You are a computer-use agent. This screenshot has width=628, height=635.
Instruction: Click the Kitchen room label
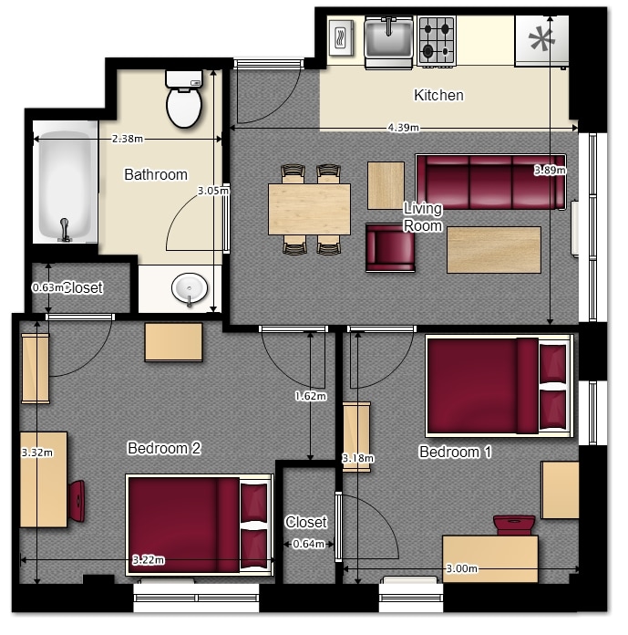pos(438,95)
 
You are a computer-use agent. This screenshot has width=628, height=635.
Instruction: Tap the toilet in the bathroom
pos(184,99)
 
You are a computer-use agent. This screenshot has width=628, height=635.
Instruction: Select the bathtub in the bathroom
pos(65,182)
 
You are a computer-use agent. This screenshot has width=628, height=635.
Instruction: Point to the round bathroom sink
pos(190,288)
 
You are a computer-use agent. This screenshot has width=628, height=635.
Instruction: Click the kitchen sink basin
pos(388,41)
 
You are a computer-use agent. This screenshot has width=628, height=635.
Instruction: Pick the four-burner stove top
pos(437,40)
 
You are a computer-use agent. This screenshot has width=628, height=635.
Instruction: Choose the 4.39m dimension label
pos(404,128)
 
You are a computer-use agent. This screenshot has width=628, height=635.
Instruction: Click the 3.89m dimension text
pos(550,170)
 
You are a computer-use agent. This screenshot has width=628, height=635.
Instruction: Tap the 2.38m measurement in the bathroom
pos(128,139)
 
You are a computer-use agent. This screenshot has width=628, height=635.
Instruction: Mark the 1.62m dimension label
pos(311,396)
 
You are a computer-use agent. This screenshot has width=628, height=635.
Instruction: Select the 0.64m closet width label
pos(308,544)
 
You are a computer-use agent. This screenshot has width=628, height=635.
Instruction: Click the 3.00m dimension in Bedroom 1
pos(462,568)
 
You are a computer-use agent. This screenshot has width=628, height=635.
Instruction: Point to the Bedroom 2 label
pos(164,448)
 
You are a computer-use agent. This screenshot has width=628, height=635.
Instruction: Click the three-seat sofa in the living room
pos(491,182)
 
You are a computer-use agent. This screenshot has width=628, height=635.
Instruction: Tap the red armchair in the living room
pos(390,247)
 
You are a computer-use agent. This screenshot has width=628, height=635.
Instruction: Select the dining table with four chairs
pos(310,209)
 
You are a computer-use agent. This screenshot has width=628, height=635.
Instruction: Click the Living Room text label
pos(423,217)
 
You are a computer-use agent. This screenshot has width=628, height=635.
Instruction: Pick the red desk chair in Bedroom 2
pos(77,501)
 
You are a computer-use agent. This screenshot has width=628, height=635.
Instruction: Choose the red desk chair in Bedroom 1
pos(514,526)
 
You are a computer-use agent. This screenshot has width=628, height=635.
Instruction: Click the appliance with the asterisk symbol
pos(541,41)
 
